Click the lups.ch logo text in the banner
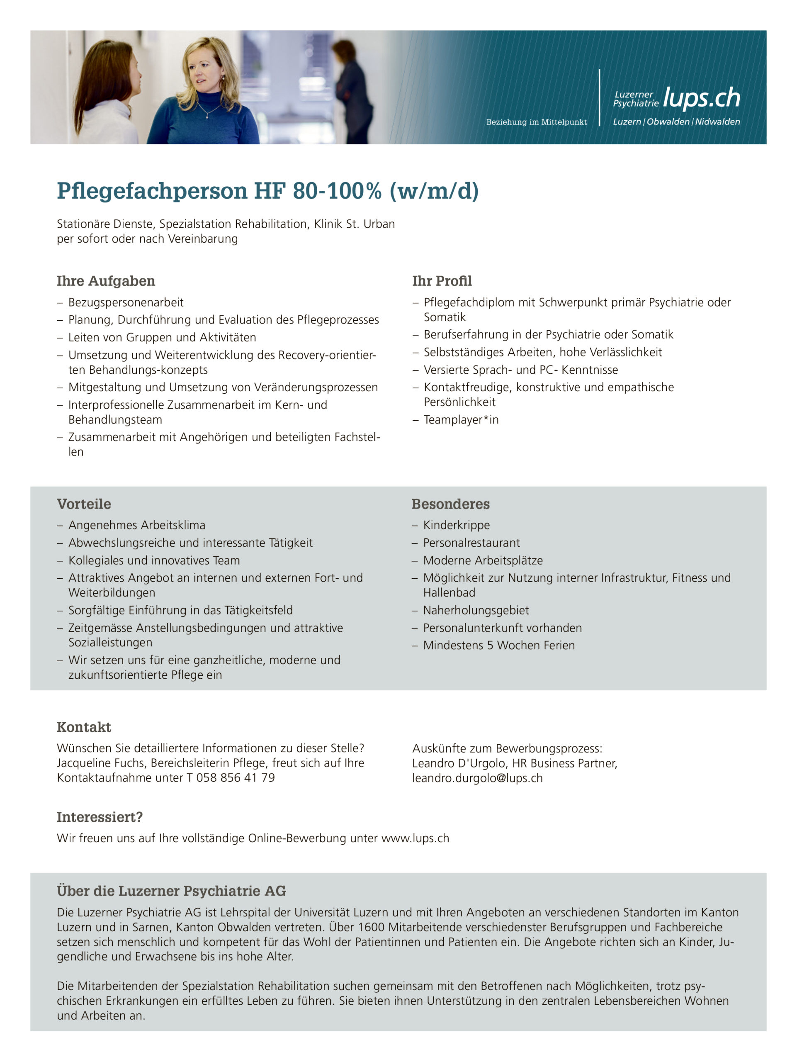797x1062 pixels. coord(702,98)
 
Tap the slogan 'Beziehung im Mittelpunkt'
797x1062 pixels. coord(536,122)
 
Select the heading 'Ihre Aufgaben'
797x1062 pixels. coord(106,281)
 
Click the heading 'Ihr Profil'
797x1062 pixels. coord(442,281)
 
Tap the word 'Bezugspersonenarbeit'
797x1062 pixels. coord(126,302)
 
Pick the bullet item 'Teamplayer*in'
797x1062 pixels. coord(461,420)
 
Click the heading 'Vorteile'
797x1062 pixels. coord(84,504)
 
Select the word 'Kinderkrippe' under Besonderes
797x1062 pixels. coord(456,525)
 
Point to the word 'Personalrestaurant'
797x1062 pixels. coord(471,543)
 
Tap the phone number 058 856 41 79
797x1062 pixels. coord(235,778)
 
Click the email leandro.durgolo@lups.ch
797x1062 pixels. coord(477,778)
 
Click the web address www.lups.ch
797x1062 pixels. coord(415,838)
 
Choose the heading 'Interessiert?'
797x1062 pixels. coord(100,817)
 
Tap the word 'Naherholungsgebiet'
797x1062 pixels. coord(476,610)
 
